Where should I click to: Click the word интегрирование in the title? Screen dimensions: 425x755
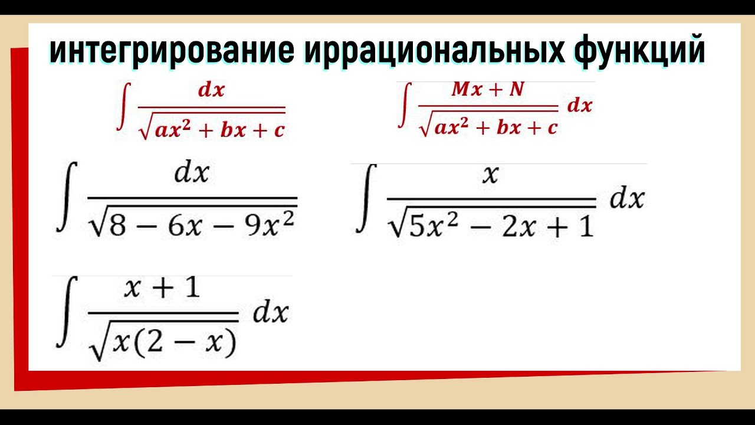[172, 51]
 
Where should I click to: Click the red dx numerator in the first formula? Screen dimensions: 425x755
[211, 91]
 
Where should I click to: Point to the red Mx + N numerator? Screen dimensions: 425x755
[487, 90]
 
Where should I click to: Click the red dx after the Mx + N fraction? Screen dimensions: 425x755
[579, 106]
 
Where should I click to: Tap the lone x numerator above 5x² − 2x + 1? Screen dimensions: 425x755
[490, 175]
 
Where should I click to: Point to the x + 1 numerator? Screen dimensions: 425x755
[162, 289]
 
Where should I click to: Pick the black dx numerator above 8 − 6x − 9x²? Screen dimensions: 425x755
[192, 174]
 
